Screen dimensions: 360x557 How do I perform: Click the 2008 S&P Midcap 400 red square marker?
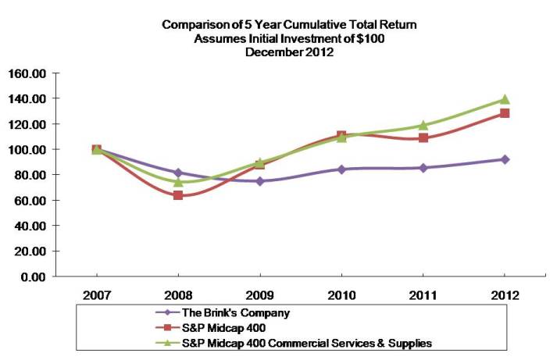click(x=178, y=195)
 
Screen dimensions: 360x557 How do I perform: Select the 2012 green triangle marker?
click(x=505, y=99)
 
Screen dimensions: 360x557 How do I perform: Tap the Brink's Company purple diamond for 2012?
click(x=505, y=159)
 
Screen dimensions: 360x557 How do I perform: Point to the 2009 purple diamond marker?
click(x=260, y=181)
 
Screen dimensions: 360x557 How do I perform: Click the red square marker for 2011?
click(x=423, y=138)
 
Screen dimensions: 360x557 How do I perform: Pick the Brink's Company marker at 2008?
click(x=178, y=173)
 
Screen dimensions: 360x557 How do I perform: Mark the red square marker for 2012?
click(x=505, y=113)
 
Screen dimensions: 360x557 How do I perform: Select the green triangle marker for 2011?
click(x=423, y=125)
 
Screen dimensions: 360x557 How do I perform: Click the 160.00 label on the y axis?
click(x=29, y=73)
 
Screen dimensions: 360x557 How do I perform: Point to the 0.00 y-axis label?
click(x=35, y=276)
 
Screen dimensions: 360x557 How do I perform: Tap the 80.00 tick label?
click(x=32, y=175)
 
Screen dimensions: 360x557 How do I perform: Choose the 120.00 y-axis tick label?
click(x=29, y=124)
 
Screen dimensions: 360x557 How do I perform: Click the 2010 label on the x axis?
click(x=341, y=296)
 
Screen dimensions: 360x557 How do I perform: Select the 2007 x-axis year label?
click(x=96, y=296)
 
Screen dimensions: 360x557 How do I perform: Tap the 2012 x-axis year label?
click(x=505, y=296)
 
